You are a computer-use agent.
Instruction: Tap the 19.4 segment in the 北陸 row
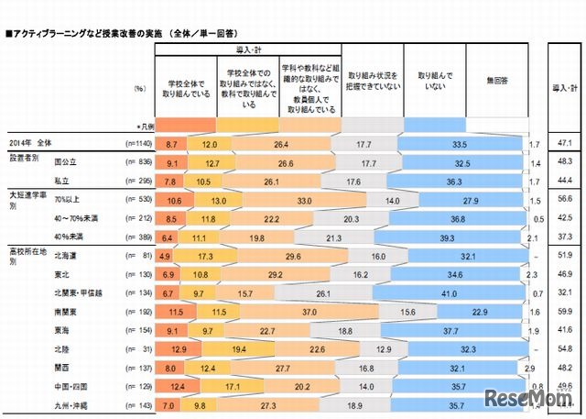click(239, 348)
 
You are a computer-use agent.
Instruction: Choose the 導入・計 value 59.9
click(564, 311)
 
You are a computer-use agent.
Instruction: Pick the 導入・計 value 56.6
click(564, 201)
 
